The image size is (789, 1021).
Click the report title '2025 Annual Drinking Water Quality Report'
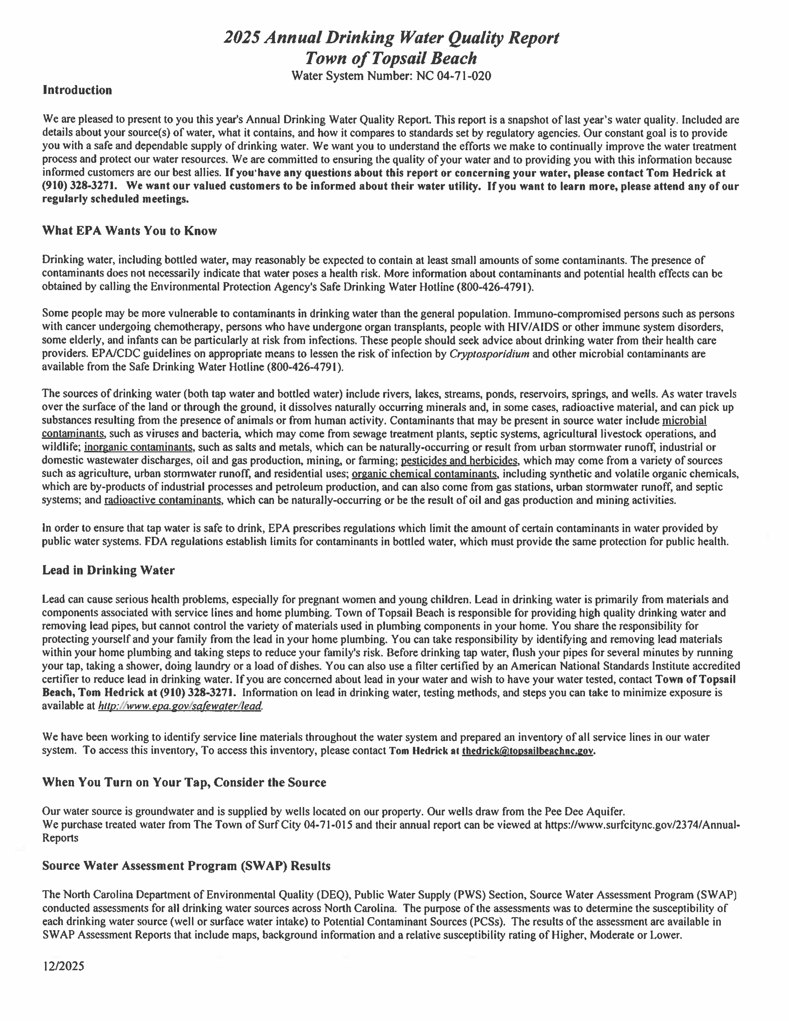[391, 37]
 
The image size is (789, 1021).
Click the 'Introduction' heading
[77, 90]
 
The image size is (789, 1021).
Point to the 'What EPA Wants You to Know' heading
[130, 231]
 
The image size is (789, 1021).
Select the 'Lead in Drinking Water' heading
[108, 570]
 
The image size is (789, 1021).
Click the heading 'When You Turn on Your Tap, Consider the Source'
[184, 783]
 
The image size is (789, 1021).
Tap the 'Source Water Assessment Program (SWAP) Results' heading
[186, 866]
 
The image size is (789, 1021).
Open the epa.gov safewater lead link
[180, 706]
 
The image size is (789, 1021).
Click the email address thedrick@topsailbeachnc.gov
[528, 751]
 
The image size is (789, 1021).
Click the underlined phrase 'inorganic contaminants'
[138, 447]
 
